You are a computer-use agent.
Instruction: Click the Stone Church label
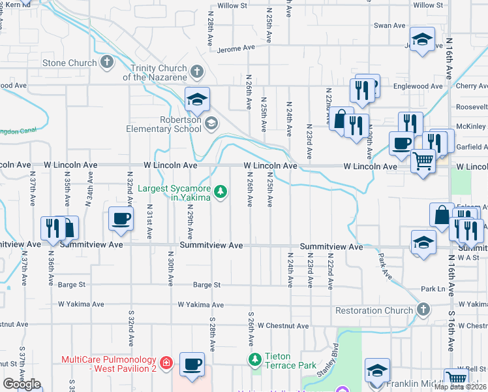[x=69, y=63]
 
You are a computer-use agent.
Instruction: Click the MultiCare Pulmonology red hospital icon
[x=166, y=361]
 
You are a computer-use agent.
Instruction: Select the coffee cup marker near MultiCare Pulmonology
[x=192, y=364]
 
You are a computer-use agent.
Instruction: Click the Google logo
[x=22, y=384]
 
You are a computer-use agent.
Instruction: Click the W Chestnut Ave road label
[x=283, y=325]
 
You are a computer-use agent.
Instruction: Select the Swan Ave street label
[x=389, y=25]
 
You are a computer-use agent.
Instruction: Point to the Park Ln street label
[x=433, y=289]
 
